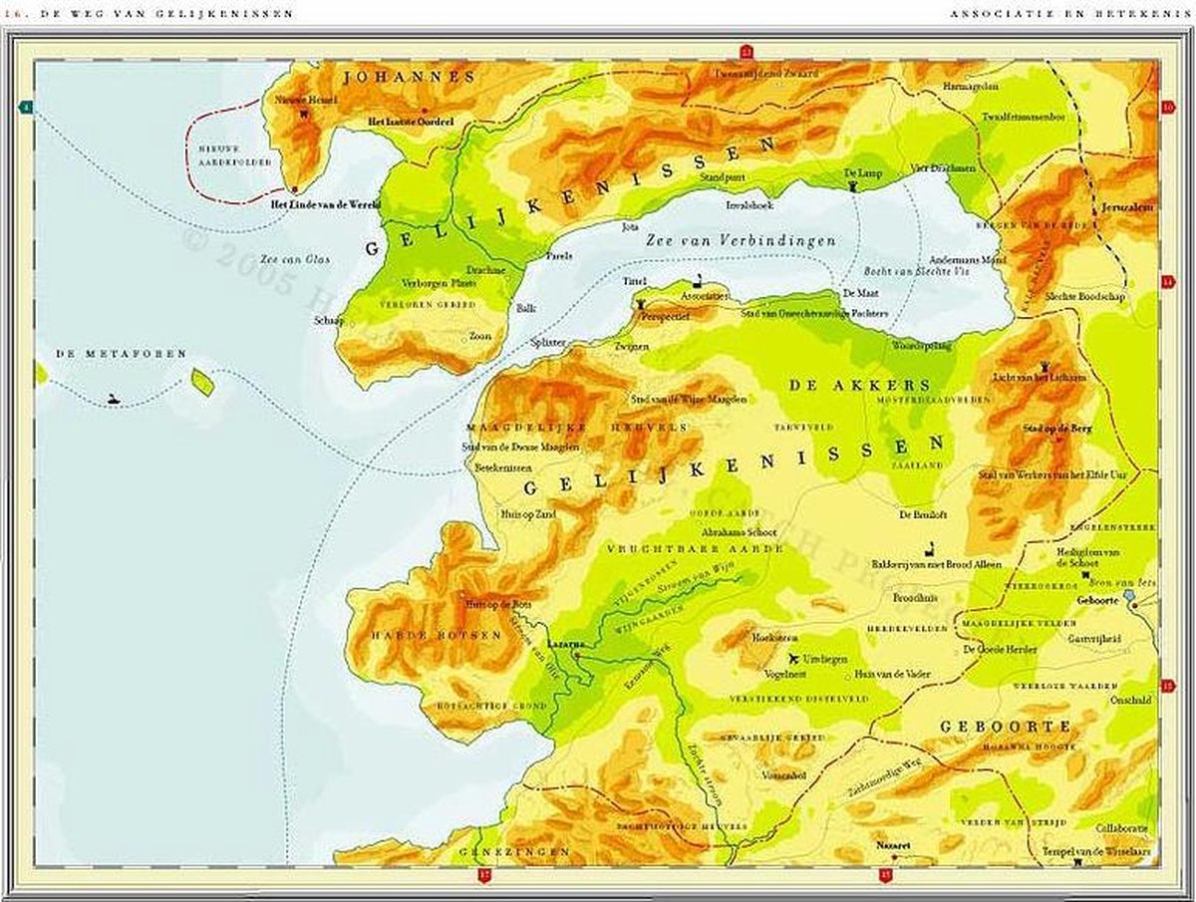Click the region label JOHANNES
[x=408, y=77]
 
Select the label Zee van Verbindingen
[x=740, y=240]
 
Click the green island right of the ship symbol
[x=202, y=382]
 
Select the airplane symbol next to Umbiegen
[x=794, y=659]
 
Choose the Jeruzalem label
[x=1127, y=207]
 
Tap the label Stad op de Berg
[x=1060, y=429]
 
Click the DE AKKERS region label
[x=858, y=385]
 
